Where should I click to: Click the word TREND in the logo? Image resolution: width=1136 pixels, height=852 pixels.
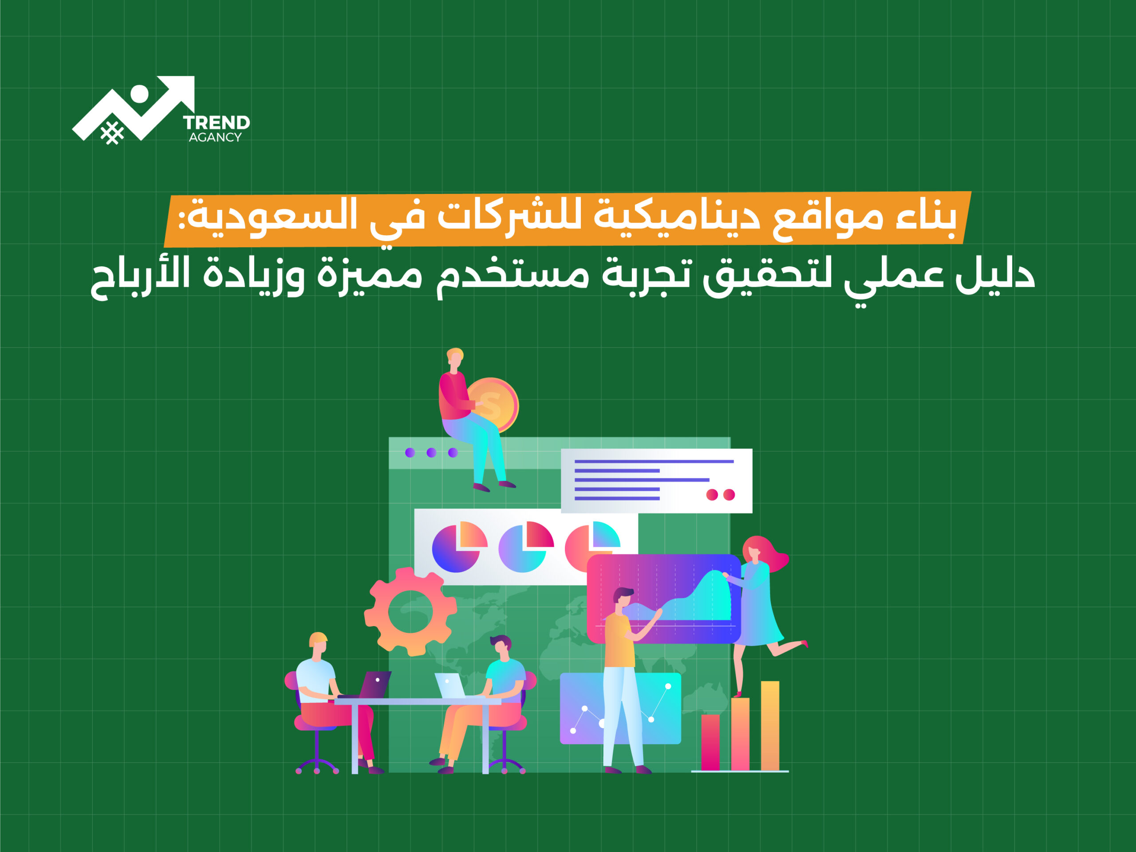[x=216, y=123]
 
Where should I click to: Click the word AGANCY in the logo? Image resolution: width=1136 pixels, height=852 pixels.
[x=215, y=137]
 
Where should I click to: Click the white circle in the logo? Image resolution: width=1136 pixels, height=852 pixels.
[x=139, y=94]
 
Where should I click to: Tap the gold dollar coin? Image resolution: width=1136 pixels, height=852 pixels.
[x=492, y=405]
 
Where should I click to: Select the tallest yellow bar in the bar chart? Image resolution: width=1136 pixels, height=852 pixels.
[x=770, y=725]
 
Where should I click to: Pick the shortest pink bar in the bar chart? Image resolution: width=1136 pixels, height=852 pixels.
[x=710, y=742]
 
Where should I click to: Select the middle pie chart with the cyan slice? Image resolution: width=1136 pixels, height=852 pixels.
[x=525, y=548]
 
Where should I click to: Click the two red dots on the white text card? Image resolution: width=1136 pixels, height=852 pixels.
[x=721, y=495]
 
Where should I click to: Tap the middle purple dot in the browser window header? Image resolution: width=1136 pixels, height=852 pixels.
[x=431, y=453]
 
